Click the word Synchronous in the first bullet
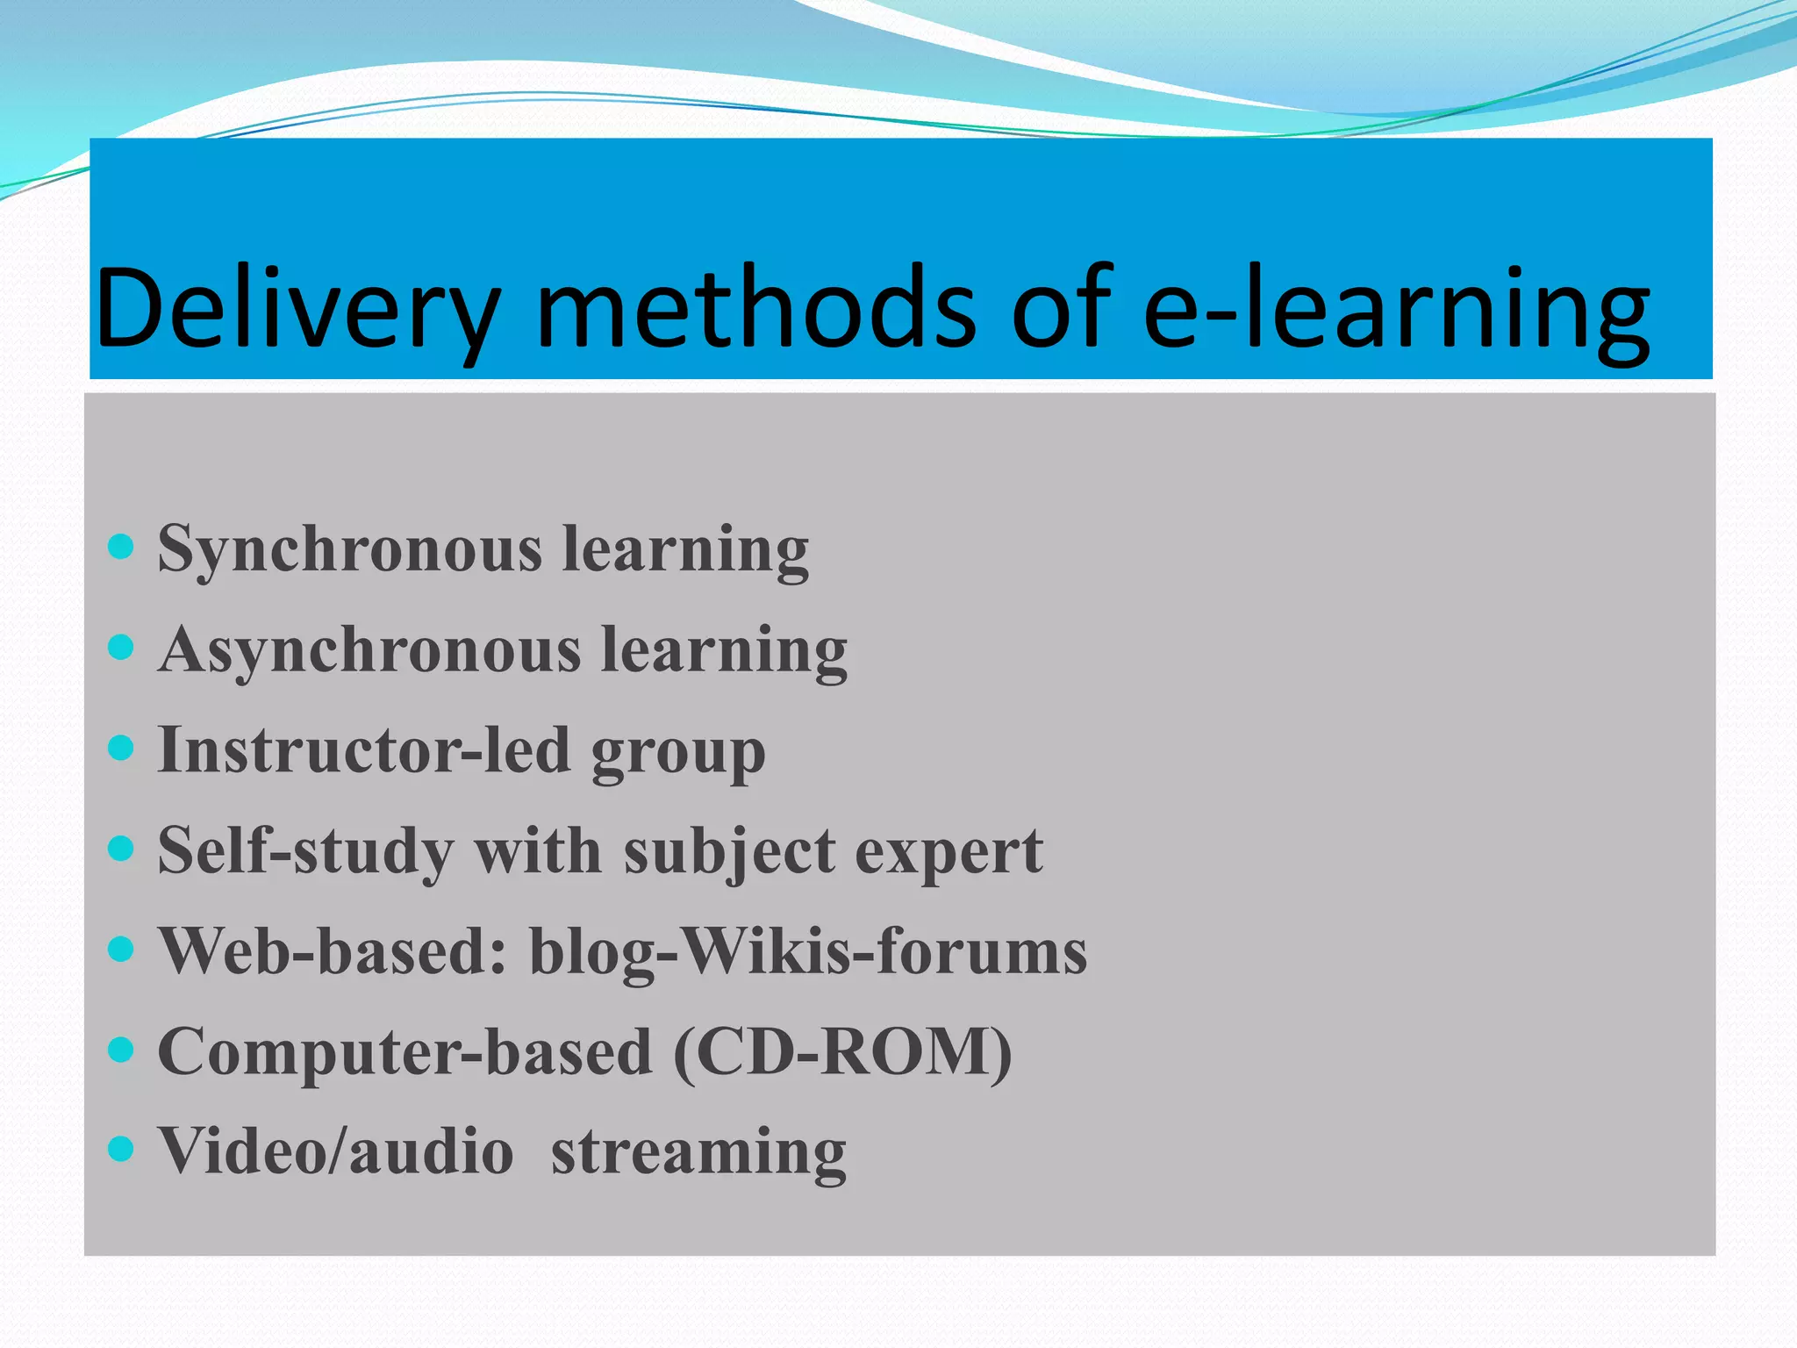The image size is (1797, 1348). (x=349, y=550)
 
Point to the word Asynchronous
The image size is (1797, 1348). (x=369, y=651)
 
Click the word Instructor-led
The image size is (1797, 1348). (x=363, y=751)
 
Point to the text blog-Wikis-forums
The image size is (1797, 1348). (x=808, y=951)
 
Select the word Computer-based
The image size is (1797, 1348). (x=405, y=1052)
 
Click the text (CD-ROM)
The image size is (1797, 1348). (x=842, y=1052)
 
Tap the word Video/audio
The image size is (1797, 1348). (x=335, y=1151)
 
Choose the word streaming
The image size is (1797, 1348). (x=698, y=1151)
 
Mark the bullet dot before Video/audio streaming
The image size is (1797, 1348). (x=120, y=1148)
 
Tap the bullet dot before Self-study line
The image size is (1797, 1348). (x=120, y=848)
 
